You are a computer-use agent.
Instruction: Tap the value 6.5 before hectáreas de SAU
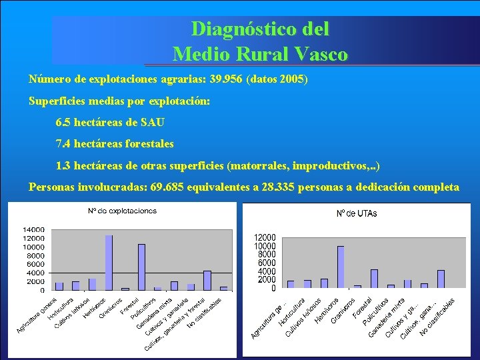pos(66,122)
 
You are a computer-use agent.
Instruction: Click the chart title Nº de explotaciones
pos(122,211)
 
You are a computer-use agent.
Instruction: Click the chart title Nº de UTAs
pos(355,213)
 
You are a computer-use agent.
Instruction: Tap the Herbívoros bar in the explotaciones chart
pos(109,262)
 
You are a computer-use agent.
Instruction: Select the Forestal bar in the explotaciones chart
pos(141,267)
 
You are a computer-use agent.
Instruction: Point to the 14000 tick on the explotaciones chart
pos(34,229)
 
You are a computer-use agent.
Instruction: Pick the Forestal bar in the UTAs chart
pos(374,279)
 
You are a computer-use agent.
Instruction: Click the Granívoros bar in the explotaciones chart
pos(125,289)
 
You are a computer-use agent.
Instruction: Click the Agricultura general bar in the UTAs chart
pos(291,284)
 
